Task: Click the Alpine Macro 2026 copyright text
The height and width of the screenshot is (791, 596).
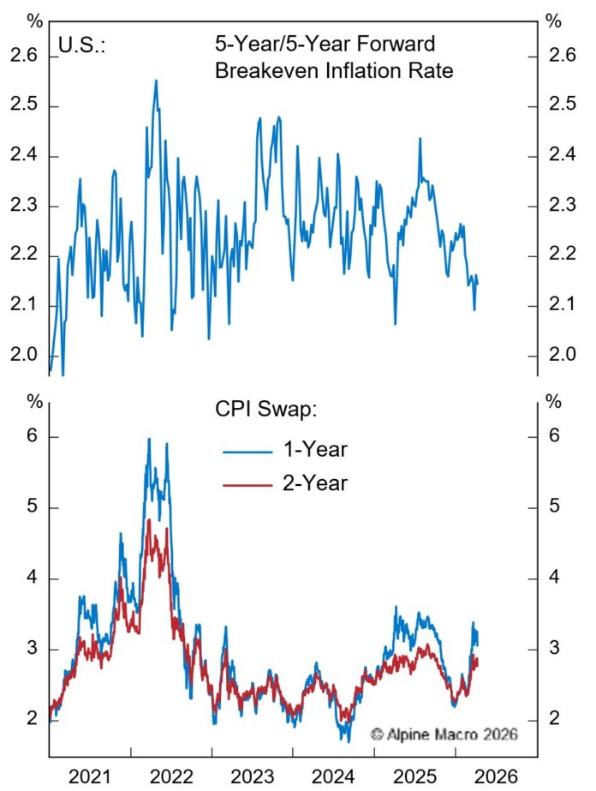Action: click(x=444, y=734)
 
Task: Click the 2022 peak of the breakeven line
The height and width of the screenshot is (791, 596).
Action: click(x=156, y=81)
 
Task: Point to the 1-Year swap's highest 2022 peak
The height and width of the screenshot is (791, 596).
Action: click(x=149, y=439)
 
